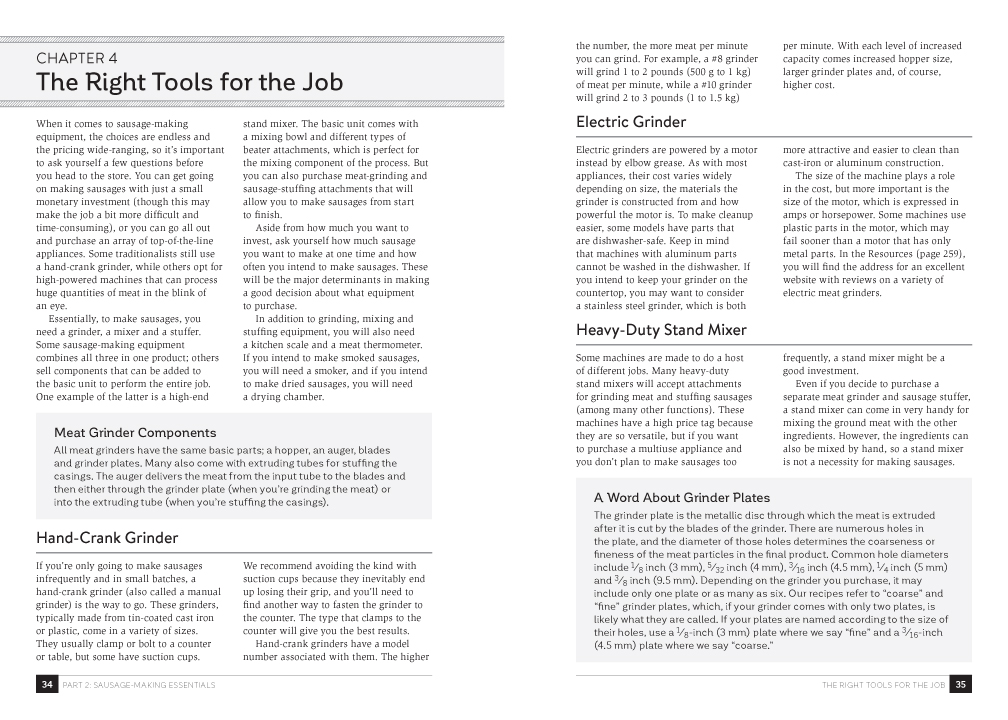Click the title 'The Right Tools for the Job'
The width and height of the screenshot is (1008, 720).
click(x=189, y=82)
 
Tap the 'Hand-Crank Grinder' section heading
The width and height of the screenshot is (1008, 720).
click(x=107, y=538)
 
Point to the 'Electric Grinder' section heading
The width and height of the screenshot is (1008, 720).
click(x=631, y=122)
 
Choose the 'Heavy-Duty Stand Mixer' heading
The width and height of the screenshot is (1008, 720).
click(x=661, y=329)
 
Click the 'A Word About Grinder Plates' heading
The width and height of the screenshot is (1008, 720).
click(x=681, y=497)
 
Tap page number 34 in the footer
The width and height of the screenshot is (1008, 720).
click(x=46, y=685)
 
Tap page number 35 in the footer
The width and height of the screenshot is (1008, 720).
click(x=960, y=685)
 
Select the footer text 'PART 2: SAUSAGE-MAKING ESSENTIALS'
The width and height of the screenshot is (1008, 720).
click(x=140, y=685)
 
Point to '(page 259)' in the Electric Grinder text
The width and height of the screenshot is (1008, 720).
click(x=937, y=254)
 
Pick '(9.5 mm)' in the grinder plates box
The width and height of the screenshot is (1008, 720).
click(x=659, y=580)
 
